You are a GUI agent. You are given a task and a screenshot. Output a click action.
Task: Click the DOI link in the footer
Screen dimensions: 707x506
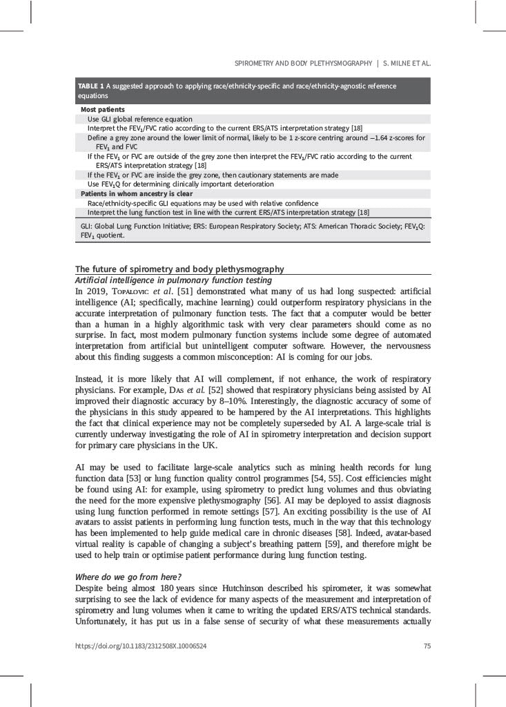[141, 646]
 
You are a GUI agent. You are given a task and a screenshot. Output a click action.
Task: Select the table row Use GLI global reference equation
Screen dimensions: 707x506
[139, 119]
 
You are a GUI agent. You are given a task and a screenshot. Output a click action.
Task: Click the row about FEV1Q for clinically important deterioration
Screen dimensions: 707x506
[180, 184]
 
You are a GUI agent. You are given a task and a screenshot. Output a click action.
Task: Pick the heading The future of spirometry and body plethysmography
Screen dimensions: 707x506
[179, 269]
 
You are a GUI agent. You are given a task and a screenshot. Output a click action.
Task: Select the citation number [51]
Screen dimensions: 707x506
[184, 291]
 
